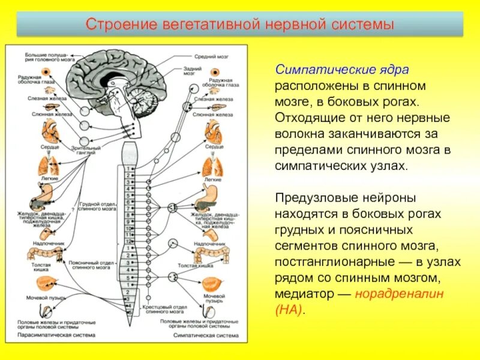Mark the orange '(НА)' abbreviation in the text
click(290, 310)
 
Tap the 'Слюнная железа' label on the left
click(42, 113)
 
